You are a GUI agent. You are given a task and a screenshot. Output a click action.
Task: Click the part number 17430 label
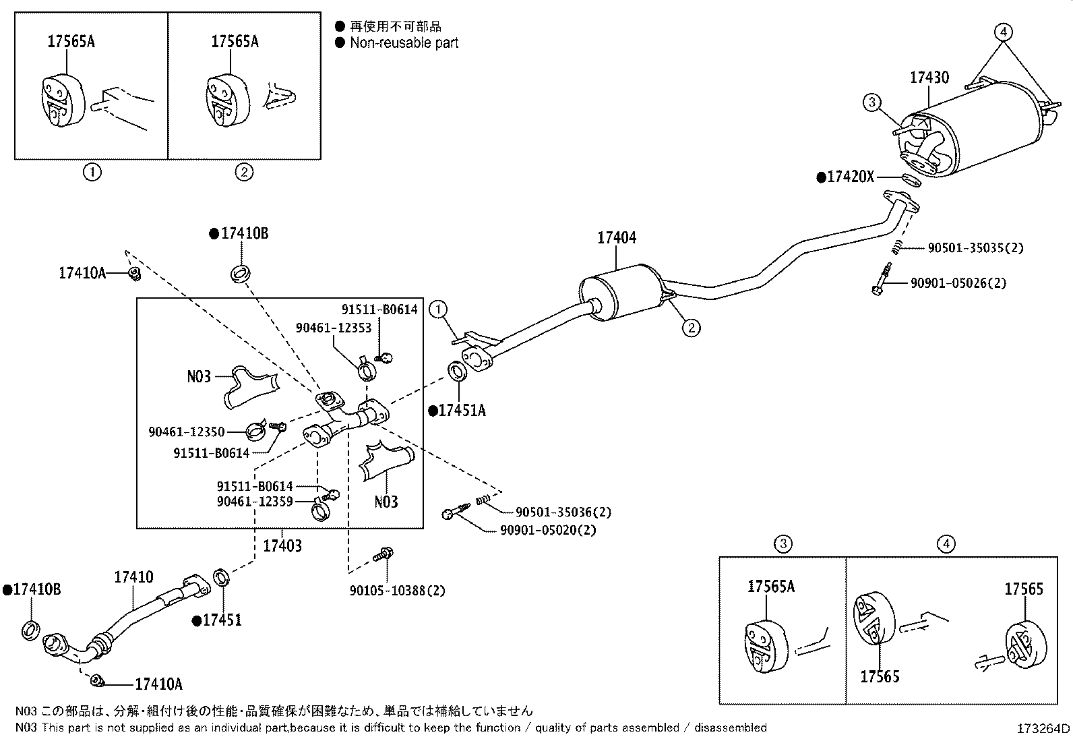(929, 78)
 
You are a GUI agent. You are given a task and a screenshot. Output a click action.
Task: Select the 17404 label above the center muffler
(616, 238)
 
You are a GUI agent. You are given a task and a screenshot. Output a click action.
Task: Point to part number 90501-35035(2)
(975, 248)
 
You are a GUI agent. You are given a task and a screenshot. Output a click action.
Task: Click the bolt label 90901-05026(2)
(958, 283)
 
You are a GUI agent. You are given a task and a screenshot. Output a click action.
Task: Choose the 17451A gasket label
(461, 410)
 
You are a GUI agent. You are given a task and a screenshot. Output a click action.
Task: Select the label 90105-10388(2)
(397, 591)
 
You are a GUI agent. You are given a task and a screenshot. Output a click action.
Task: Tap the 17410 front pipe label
(133, 577)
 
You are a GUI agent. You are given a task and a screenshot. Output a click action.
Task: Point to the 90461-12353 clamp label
(334, 327)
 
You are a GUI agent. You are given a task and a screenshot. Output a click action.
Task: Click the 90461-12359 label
(255, 501)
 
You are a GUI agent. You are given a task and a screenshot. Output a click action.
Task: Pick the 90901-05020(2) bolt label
(548, 530)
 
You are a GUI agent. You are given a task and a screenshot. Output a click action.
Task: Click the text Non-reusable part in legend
(404, 43)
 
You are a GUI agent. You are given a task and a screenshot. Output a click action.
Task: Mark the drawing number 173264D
(1043, 728)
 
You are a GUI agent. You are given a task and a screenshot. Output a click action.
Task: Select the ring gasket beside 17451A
(457, 371)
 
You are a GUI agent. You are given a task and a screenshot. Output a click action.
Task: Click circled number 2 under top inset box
(243, 173)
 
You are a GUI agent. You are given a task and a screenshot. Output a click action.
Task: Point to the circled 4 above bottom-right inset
(946, 543)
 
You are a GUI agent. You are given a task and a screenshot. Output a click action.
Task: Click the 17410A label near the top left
(82, 273)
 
